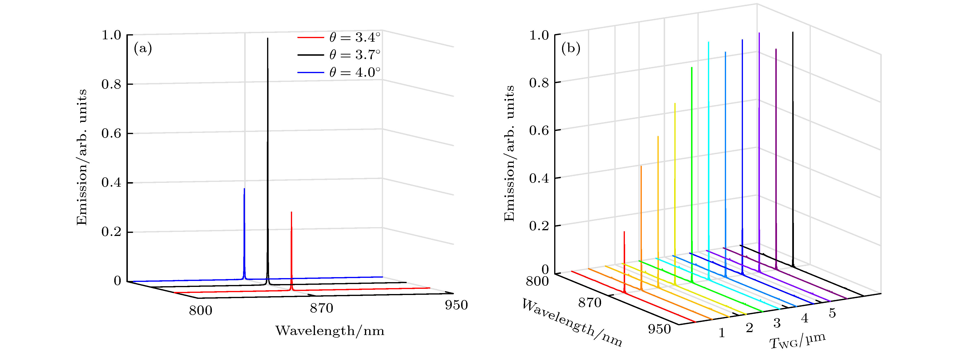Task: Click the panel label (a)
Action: [x=143, y=49]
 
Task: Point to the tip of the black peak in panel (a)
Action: [x=268, y=38]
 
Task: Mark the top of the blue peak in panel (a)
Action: [x=244, y=189]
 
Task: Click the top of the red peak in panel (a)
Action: [x=291, y=212]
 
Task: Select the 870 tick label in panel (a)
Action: [x=321, y=308]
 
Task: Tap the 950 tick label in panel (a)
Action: [x=456, y=305]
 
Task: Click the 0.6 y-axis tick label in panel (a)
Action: [x=111, y=134]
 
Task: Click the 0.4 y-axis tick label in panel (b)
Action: [x=539, y=178]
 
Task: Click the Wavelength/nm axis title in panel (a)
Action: [x=329, y=330]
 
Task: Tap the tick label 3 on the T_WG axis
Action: [x=777, y=323]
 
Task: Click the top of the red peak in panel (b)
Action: [x=624, y=232]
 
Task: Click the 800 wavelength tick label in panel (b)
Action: [x=537, y=281]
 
